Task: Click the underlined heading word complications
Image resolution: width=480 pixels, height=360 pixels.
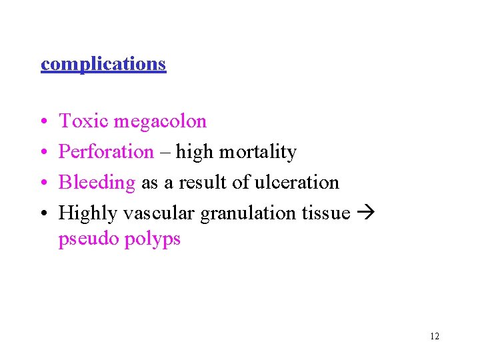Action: pyautogui.click(x=103, y=64)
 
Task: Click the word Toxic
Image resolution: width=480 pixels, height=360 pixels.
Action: pyautogui.click(x=83, y=121)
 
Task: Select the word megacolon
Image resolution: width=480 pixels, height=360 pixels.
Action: pyautogui.click(x=160, y=121)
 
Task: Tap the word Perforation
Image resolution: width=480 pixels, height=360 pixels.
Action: pyautogui.click(x=106, y=152)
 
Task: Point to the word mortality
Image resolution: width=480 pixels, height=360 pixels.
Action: pyautogui.click(x=258, y=152)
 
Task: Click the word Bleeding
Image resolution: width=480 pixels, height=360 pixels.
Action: pyautogui.click(x=97, y=183)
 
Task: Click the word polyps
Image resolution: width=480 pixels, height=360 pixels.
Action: pyautogui.click(x=153, y=239)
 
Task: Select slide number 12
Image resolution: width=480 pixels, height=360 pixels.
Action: pyautogui.click(x=435, y=336)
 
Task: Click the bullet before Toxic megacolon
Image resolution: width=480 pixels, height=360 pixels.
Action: pyautogui.click(x=43, y=122)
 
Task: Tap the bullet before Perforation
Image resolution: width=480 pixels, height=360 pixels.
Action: pyautogui.click(x=43, y=153)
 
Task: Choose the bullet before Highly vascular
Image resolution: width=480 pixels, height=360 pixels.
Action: pyautogui.click(x=43, y=214)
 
